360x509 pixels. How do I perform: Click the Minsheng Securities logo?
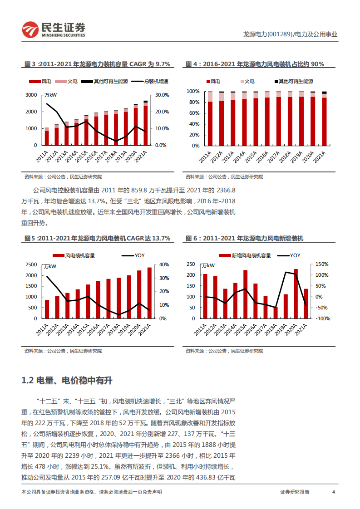[x=54, y=30]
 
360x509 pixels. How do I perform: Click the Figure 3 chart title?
[x=97, y=64]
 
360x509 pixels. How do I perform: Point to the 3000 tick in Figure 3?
[x=31, y=95]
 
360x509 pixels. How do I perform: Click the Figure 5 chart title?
[x=97, y=238]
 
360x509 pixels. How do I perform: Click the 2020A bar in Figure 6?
[x=296, y=294]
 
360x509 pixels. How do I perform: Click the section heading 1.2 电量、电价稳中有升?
[x=67, y=381]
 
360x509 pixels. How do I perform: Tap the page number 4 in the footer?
[x=334, y=492]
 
